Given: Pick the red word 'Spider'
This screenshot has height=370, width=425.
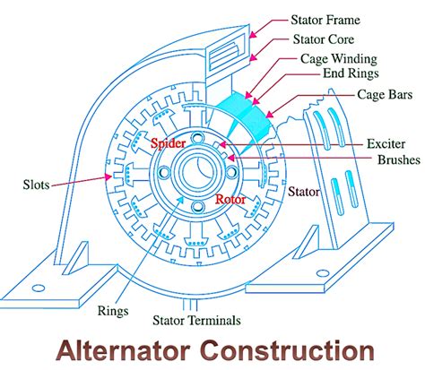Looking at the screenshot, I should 167,142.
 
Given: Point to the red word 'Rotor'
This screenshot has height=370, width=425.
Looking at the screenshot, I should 230,199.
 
